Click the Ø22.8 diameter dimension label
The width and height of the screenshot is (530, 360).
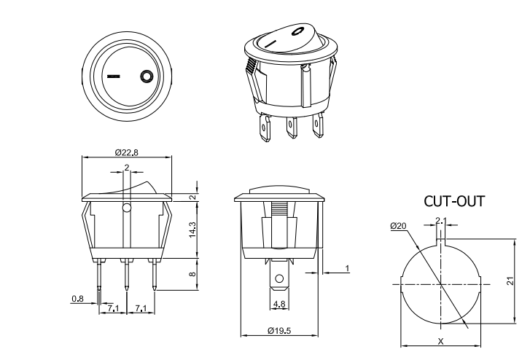(x=127, y=152)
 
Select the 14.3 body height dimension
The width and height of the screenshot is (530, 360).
(x=192, y=229)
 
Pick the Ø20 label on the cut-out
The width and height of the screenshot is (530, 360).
(x=398, y=227)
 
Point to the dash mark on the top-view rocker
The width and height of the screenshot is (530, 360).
(x=114, y=75)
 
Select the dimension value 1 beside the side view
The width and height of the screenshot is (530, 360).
(x=347, y=269)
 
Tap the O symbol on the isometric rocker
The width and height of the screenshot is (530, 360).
(x=297, y=31)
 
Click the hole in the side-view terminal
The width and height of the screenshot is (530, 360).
(x=278, y=279)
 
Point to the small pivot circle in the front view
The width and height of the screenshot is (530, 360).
(x=127, y=210)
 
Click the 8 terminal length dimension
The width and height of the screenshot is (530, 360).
(x=192, y=274)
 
